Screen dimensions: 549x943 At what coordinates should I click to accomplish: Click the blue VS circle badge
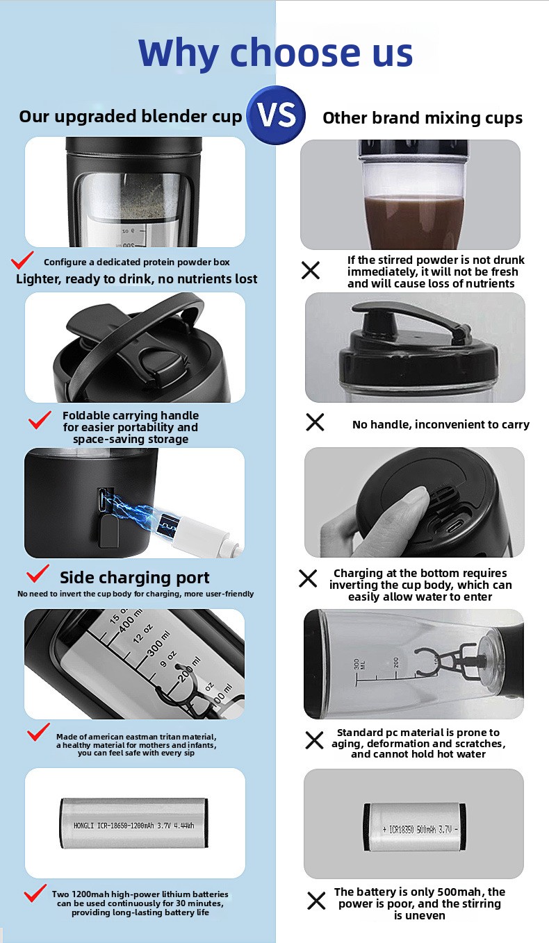click(277, 115)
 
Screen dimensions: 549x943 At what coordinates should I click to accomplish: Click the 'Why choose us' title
click(276, 53)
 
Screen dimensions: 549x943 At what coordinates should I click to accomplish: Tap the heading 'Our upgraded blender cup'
click(131, 117)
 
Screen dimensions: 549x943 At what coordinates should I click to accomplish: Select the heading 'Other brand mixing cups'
click(423, 118)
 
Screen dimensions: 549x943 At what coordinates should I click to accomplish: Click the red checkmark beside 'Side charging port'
click(38, 574)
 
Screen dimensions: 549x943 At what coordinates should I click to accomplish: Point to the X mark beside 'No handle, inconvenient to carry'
click(316, 422)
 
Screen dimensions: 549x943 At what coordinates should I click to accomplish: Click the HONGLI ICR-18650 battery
click(134, 824)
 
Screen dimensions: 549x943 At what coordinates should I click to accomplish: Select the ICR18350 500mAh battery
click(415, 827)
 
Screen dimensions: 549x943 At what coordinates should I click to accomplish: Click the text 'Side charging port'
click(134, 578)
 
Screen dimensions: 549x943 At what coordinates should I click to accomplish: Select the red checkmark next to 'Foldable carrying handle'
click(40, 420)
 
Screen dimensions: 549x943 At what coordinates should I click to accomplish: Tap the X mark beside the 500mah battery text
click(316, 901)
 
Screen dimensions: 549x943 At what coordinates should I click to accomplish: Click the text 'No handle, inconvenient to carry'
click(441, 424)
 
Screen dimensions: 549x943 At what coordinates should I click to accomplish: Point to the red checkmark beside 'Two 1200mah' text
click(35, 893)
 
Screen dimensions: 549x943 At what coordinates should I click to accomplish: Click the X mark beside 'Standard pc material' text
click(314, 740)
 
